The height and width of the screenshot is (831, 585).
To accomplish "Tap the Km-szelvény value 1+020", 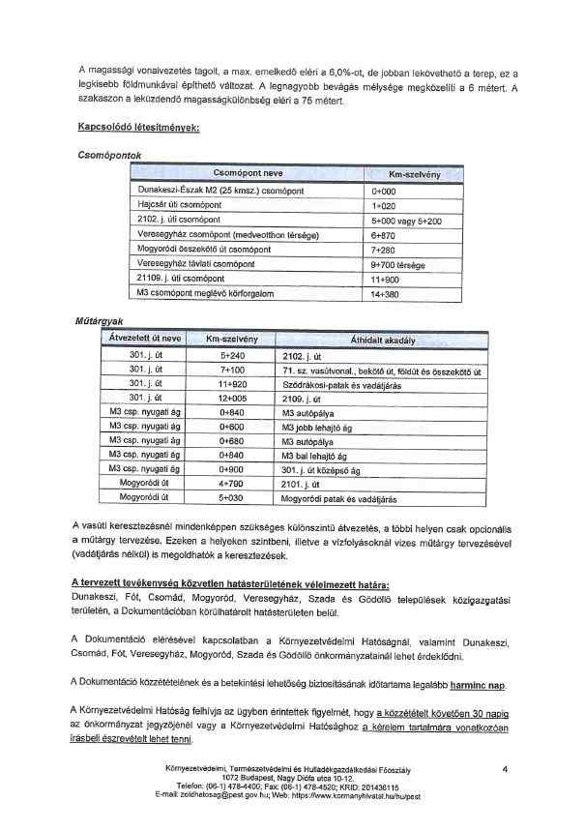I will pyautogui.click(x=385, y=206).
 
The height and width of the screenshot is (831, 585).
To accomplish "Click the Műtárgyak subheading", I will pyautogui.click(x=100, y=320).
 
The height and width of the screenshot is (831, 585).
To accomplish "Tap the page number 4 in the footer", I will pyautogui.click(x=506, y=768).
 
